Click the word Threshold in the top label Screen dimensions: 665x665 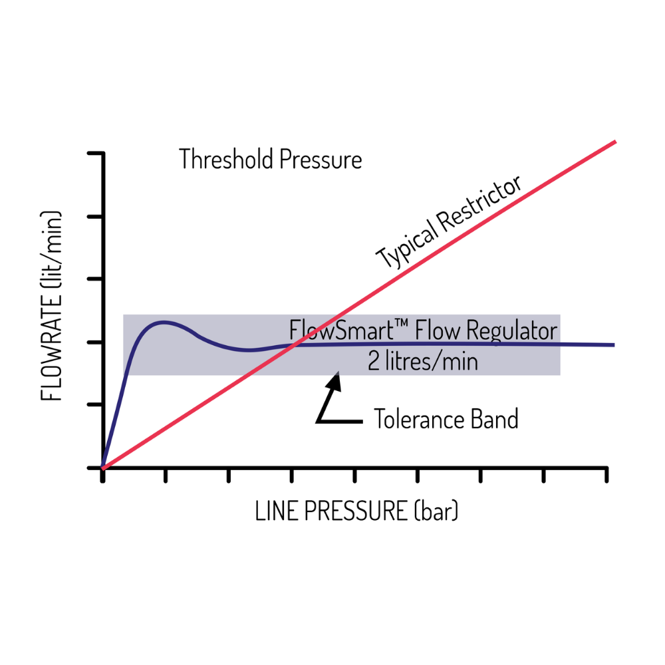point(226,159)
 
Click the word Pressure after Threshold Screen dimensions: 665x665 point(321,160)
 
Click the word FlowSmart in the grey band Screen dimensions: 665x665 point(342,330)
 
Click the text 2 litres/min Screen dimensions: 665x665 point(422,361)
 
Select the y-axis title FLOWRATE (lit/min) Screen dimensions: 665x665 point(51,305)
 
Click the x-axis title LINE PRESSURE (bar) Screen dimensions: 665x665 point(356,511)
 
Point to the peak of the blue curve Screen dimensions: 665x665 point(164,323)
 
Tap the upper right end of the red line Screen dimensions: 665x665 point(615,142)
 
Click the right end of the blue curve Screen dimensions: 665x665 point(614,344)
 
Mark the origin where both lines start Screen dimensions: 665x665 point(102,467)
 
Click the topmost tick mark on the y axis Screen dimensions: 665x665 point(95,153)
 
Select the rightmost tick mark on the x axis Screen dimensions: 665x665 point(607,475)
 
